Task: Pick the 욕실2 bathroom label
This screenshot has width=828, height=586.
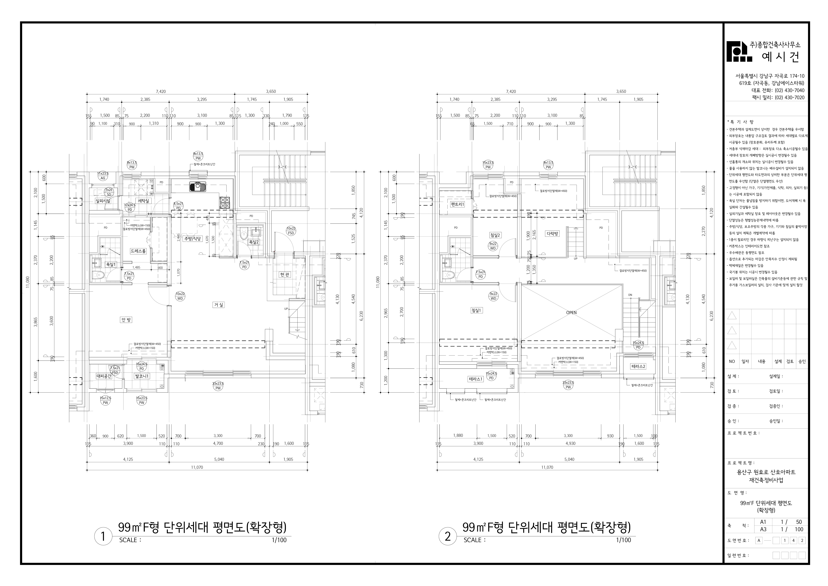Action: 254,242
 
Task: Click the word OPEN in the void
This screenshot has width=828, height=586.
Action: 571,313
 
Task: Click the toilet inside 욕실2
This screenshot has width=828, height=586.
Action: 243,235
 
